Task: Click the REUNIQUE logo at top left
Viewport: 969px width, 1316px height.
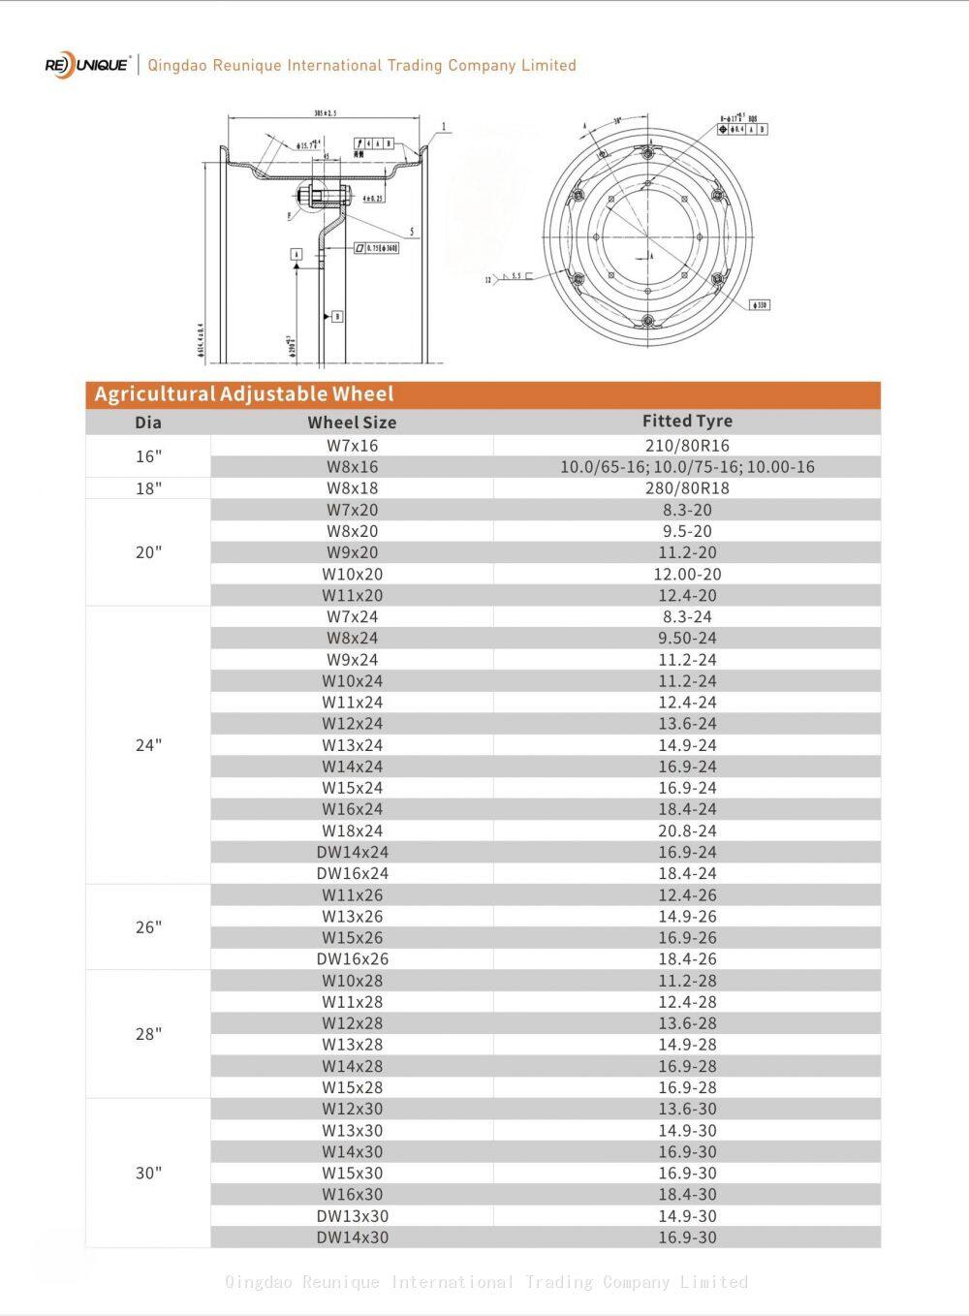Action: [86, 65]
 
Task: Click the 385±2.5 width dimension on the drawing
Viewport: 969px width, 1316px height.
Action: [326, 113]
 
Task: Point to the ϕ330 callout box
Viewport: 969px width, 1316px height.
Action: [760, 305]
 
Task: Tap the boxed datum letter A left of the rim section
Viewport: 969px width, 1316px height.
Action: [297, 254]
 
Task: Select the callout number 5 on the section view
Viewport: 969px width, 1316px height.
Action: [412, 233]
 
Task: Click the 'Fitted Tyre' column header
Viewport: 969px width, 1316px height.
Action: [687, 421]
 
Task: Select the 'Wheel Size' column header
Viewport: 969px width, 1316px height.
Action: [352, 423]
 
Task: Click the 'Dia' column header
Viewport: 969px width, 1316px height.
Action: [148, 423]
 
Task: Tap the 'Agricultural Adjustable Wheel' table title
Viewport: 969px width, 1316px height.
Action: [244, 394]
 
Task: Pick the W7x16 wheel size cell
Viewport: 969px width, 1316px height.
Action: [352, 446]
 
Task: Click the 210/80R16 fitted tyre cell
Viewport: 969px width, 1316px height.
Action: [687, 446]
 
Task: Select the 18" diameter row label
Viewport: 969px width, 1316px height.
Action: [148, 488]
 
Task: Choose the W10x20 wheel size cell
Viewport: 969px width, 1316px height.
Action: [352, 574]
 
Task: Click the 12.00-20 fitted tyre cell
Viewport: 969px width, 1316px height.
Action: [687, 574]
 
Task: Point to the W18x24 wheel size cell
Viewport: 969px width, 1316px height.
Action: [352, 830]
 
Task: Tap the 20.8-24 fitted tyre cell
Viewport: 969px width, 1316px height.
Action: [687, 830]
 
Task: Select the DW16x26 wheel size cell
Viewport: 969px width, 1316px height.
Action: [352, 958]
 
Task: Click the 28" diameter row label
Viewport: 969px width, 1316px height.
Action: [148, 1034]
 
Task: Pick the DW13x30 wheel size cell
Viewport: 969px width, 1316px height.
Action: [352, 1215]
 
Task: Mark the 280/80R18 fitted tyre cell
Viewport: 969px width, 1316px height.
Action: [687, 488]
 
